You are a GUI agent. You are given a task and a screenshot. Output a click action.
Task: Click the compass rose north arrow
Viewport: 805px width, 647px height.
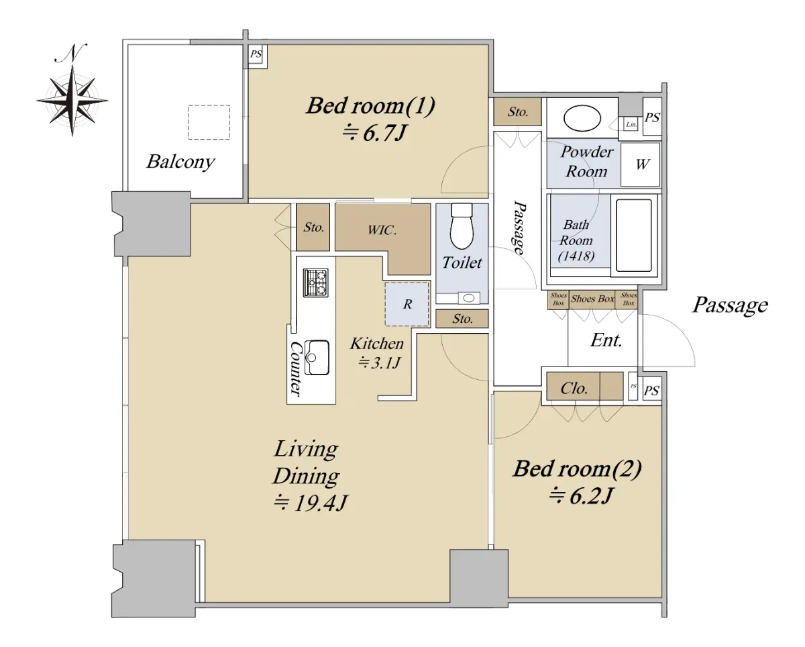[72, 90]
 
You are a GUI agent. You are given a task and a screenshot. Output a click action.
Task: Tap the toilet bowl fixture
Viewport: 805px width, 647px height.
[462, 226]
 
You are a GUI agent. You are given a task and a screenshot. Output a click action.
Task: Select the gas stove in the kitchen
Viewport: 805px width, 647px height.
[316, 283]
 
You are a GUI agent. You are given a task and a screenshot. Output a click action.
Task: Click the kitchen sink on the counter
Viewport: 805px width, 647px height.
[317, 357]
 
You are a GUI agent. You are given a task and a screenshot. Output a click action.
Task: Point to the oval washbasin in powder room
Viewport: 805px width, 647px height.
[582, 118]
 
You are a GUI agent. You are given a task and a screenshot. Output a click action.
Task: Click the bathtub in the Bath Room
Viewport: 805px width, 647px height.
[633, 236]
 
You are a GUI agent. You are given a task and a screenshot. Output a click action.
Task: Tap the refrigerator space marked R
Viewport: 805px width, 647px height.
[407, 304]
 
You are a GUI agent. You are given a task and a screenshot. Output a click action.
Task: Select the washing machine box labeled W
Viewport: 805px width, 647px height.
[641, 164]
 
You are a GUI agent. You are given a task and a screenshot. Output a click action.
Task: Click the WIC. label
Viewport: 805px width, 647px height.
[382, 230]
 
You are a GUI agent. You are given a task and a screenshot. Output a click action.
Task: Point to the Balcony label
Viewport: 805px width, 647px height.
[180, 162]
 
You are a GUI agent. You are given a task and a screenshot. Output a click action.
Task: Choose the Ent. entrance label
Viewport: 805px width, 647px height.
[606, 340]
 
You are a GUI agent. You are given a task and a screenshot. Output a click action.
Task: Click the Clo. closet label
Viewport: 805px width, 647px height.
[574, 389]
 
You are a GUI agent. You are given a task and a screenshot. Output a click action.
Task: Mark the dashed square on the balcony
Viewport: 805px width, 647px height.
[209, 122]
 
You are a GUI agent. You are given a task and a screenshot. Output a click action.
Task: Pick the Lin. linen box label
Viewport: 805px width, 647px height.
[631, 124]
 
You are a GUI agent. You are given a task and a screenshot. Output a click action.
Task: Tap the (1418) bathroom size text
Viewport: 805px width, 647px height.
[576, 256]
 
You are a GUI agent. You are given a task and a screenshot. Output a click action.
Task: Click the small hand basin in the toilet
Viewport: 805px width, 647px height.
[468, 298]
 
